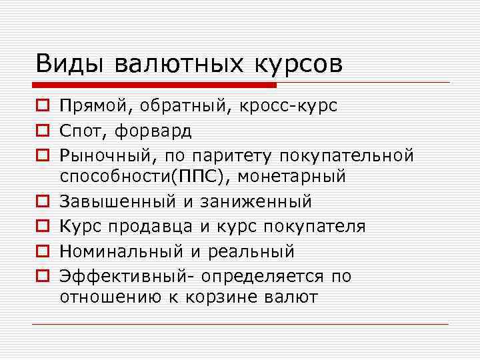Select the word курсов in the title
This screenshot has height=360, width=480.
pos(297,65)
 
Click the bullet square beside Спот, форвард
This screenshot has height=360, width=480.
pos(43,131)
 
